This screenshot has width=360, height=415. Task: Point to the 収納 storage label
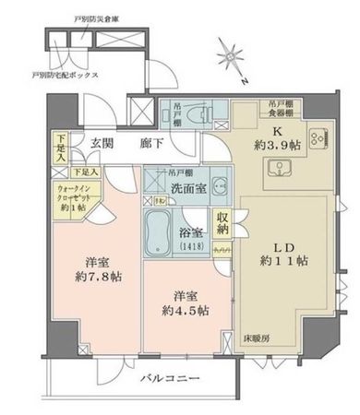[x=222, y=222]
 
